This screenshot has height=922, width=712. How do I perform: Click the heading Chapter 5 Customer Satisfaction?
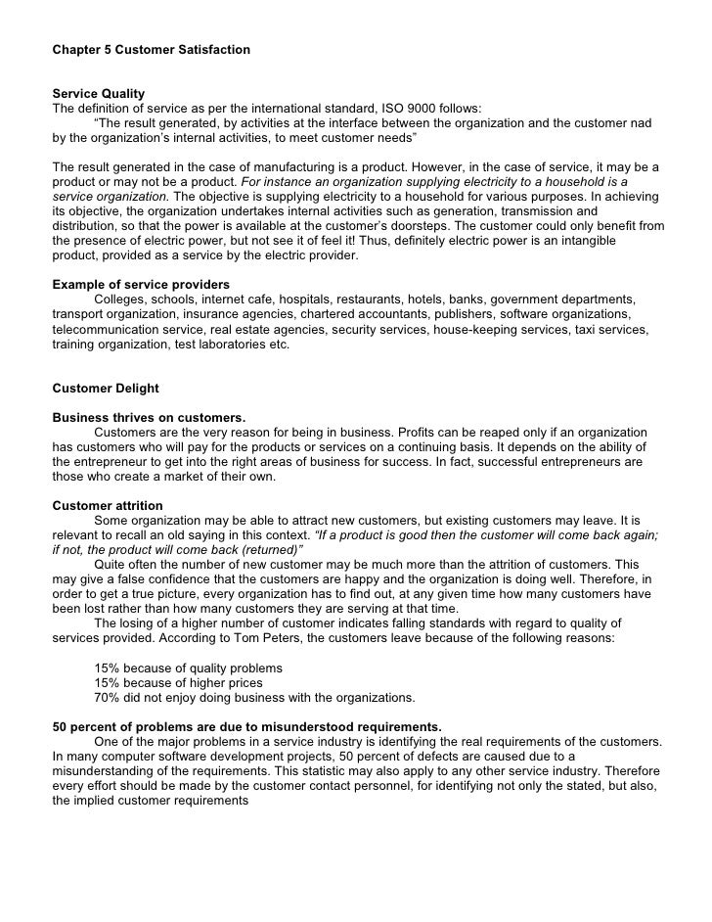(151, 48)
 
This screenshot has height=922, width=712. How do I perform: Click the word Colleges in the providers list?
(124, 299)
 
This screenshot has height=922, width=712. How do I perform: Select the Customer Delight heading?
(105, 388)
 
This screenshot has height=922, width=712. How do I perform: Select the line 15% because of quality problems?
(202, 668)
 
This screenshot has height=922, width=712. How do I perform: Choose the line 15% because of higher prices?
(178, 682)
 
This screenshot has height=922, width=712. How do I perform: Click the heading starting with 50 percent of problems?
(245, 726)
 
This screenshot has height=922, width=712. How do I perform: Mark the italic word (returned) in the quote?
(268, 550)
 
